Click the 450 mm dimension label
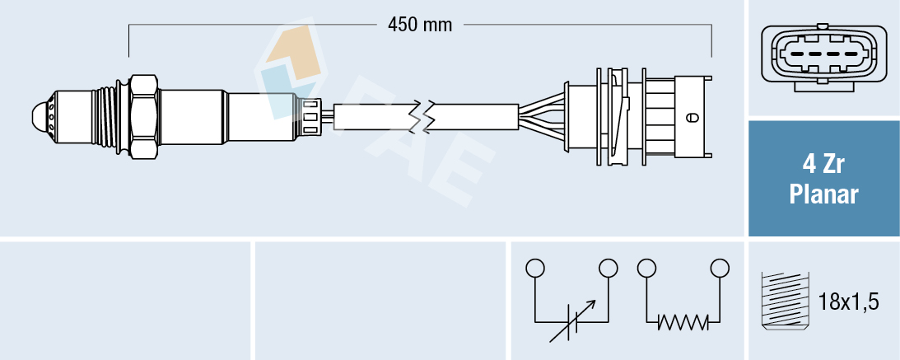(x=420, y=25)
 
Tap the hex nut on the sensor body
(x=143, y=116)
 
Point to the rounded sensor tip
(x=40, y=116)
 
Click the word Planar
(x=823, y=194)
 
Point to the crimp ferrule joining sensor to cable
(x=311, y=116)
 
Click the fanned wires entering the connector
(x=539, y=117)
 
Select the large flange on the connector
(x=568, y=116)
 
